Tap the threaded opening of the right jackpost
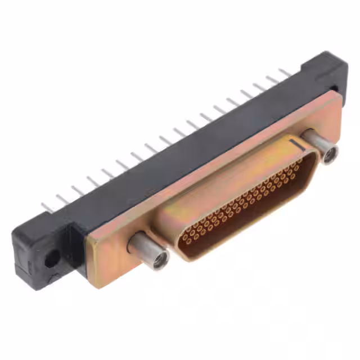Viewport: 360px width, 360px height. (330, 153)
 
